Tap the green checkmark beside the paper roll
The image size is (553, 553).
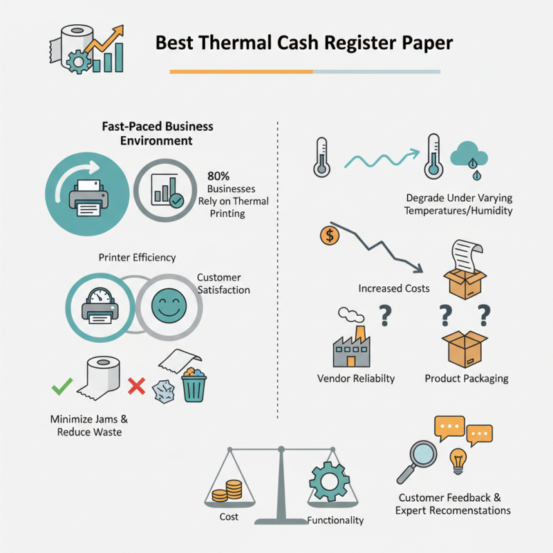62,386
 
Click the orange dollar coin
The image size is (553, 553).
330,236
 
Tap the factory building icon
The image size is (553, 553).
351,346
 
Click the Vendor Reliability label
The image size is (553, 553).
356,379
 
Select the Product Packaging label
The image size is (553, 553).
466,379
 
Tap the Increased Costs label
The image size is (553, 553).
394,288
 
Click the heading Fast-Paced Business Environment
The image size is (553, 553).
158,133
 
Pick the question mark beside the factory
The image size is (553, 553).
384,317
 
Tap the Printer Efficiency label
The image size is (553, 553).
137,258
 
